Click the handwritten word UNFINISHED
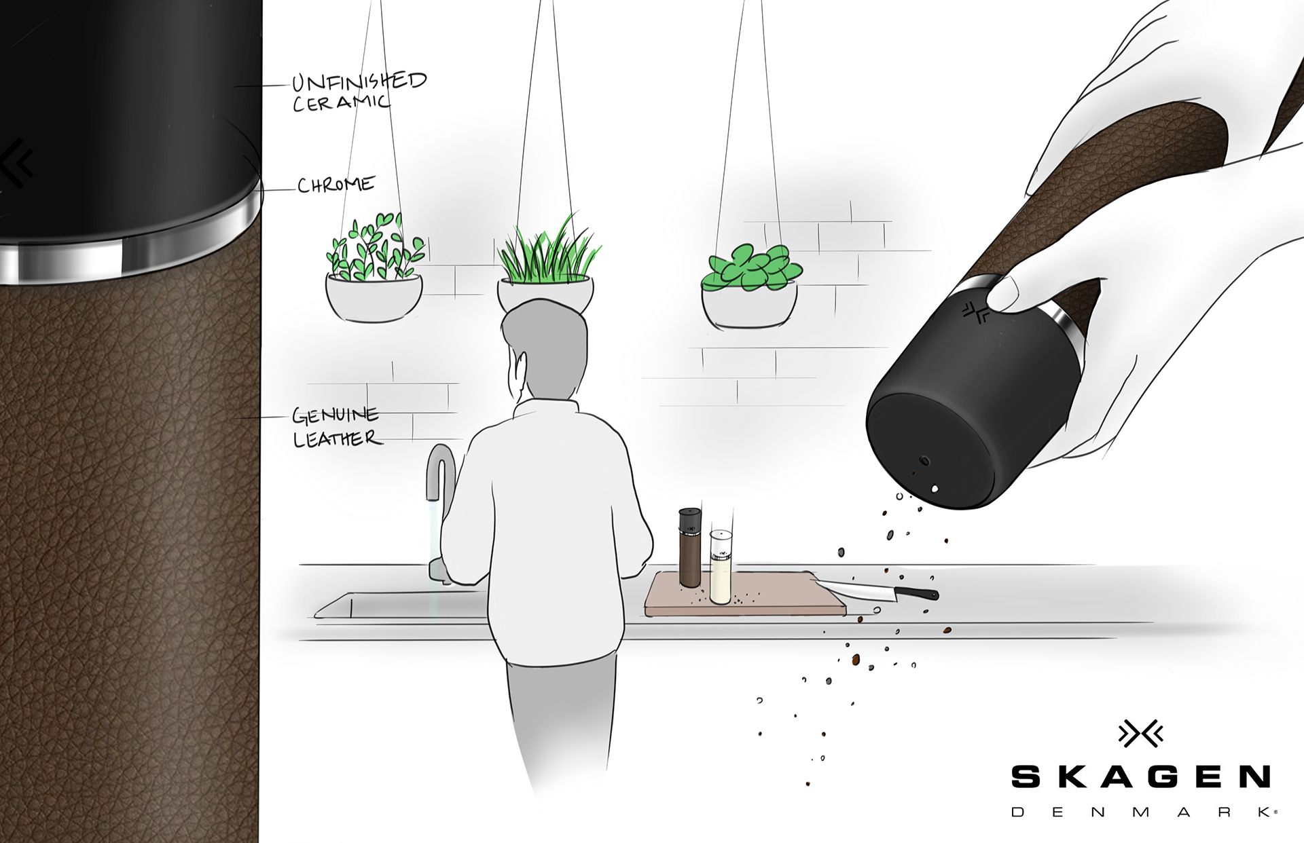pyautogui.click(x=359, y=81)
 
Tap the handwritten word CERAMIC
pyautogui.click(x=342, y=103)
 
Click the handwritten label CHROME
pyautogui.click(x=336, y=185)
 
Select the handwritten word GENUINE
pyautogui.click(x=335, y=415)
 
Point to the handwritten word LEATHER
pyautogui.click(x=337, y=438)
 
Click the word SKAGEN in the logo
pyautogui.click(x=1140, y=776)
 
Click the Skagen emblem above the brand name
pyautogui.click(x=1140, y=734)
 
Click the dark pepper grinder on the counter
pyautogui.click(x=689, y=547)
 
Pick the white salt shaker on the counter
pyautogui.click(x=720, y=567)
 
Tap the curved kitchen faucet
pyautogui.click(x=438, y=475)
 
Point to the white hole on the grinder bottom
pyautogui.click(x=935, y=487)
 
